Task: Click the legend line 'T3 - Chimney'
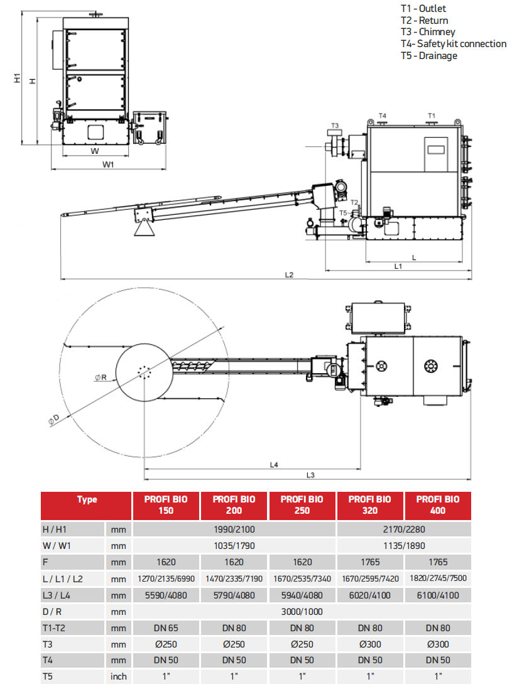tap(428, 32)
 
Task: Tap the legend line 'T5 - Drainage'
tap(429, 56)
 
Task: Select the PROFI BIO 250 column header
tap(302, 505)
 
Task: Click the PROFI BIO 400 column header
tap(437, 505)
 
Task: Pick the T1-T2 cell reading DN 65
tap(166, 627)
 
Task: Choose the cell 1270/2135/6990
tap(166, 578)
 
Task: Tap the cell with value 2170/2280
tap(403, 529)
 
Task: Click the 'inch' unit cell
tap(119, 676)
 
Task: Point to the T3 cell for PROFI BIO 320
tap(369, 644)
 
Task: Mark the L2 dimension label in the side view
tap(289, 274)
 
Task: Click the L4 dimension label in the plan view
tap(274, 465)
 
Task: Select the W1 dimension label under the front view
tap(108, 165)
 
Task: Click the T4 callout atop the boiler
tap(382, 116)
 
